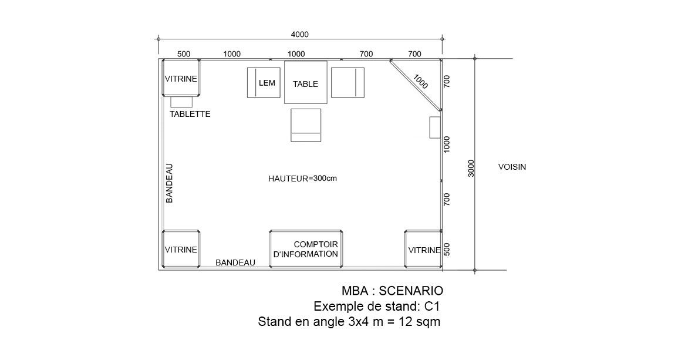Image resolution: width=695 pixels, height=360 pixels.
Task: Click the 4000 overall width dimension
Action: click(x=299, y=35)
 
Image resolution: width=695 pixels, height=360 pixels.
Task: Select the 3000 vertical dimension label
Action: click(x=471, y=168)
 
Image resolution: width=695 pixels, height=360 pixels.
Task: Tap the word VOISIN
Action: click(x=512, y=167)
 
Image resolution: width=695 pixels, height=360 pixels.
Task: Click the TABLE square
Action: click(x=305, y=82)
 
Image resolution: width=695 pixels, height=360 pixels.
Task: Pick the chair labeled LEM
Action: click(x=264, y=82)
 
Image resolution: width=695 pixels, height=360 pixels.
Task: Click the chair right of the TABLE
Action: click(x=347, y=82)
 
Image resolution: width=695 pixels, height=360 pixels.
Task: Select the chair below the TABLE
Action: click(x=306, y=125)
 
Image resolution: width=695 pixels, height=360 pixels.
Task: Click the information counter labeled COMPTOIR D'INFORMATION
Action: click(x=306, y=249)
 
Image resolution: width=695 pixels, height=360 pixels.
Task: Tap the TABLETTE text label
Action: click(x=190, y=115)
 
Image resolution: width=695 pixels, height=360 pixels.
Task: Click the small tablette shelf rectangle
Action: click(x=181, y=102)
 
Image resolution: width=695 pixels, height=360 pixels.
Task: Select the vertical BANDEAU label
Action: click(x=169, y=184)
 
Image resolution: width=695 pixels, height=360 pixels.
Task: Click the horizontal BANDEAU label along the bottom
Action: click(x=235, y=263)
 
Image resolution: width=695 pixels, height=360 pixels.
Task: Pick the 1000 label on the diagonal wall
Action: click(x=420, y=82)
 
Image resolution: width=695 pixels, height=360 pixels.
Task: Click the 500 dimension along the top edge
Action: click(x=184, y=54)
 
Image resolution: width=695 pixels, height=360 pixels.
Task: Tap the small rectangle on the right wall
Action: click(x=435, y=127)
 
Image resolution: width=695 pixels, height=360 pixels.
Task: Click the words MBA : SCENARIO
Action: click(x=392, y=291)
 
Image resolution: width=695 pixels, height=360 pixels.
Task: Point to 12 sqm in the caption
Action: click(x=420, y=322)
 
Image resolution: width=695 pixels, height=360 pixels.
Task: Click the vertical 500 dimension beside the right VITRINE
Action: click(x=447, y=249)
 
